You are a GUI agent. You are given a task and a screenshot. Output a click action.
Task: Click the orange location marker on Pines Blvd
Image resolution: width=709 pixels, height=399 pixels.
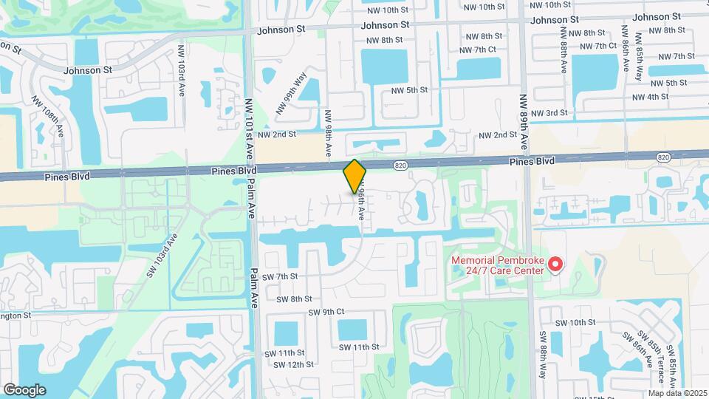click(x=355, y=175)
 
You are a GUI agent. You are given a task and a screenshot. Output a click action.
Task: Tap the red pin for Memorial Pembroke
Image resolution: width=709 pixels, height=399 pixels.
click(x=555, y=264)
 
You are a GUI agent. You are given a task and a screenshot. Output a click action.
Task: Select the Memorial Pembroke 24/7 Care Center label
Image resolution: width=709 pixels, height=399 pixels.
click(x=499, y=265)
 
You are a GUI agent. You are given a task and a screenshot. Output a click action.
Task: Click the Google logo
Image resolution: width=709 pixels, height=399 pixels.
click(x=24, y=389)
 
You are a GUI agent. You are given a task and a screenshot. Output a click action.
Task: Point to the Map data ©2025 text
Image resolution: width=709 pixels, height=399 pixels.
click(x=677, y=392)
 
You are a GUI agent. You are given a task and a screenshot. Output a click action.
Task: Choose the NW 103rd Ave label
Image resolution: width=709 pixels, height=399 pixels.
click(x=182, y=71)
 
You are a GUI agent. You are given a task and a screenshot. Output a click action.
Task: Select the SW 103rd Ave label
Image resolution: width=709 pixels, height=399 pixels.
click(x=163, y=254)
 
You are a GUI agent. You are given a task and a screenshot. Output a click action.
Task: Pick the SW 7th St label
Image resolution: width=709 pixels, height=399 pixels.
click(x=283, y=276)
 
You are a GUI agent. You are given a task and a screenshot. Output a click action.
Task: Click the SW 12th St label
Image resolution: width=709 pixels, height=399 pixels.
click(x=293, y=364)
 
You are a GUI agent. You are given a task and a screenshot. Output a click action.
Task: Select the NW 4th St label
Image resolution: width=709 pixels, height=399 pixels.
click(x=650, y=97)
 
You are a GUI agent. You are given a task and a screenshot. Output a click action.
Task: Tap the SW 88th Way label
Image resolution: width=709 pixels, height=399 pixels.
click(x=543, y=355)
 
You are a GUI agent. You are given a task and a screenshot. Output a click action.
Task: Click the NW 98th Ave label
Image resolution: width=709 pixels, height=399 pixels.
click(x=329, y=134)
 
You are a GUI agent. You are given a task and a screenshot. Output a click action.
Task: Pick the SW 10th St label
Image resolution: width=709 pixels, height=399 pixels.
click(x=575, y=323)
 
